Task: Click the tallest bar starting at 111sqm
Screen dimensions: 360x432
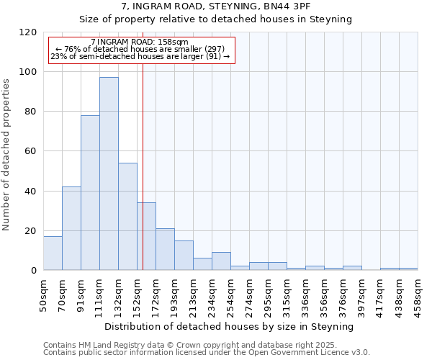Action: [x=109, y=174]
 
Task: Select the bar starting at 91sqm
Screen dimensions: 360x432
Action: [x=90, y=192]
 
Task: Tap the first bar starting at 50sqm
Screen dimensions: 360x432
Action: [x=53, y=253]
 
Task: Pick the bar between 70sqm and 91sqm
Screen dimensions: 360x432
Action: [x=71, y=228]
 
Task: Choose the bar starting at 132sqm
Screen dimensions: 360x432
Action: [x=127, y=216]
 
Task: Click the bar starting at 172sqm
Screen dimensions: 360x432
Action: [x=165, y=249]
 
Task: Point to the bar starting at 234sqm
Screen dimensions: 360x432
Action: [x=221, y=261]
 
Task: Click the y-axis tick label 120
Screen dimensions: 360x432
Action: [x=29, y=32]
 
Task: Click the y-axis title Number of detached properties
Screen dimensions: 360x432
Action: [x=6, y=155]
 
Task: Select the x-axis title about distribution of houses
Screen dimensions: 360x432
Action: [x=230, y=326]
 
